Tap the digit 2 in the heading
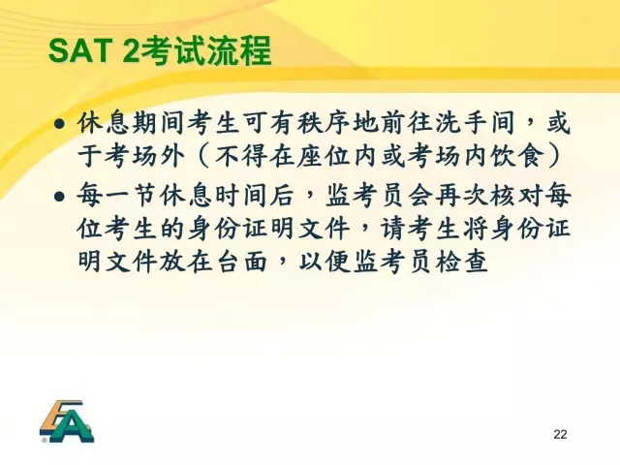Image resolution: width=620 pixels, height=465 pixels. (132, 50)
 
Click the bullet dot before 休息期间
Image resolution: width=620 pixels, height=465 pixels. (60, 124)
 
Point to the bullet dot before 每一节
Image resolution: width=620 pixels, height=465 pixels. (60, 196)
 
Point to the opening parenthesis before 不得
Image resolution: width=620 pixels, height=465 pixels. (202, 157)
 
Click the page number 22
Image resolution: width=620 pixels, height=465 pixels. (560, 434)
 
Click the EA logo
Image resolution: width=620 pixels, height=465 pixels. (67, 421)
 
